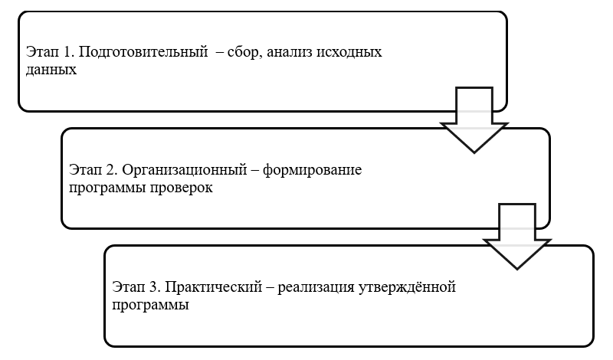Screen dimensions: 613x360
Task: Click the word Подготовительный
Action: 143,52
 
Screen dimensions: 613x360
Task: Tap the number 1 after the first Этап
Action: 67,51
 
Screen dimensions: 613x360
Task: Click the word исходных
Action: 349,52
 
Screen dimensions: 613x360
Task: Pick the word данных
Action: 51,70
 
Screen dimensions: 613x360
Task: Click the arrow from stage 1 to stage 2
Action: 474,120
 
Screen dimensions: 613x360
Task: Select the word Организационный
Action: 185,170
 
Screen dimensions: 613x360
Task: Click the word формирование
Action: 312,170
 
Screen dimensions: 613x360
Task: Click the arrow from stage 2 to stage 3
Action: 517,237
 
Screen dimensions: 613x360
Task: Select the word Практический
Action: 214,287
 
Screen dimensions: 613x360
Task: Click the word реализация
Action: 316,288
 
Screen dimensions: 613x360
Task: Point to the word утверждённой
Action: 407,287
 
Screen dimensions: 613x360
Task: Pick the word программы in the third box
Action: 150,306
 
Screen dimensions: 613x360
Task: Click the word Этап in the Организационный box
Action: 85,169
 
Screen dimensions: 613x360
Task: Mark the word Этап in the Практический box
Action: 128,287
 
